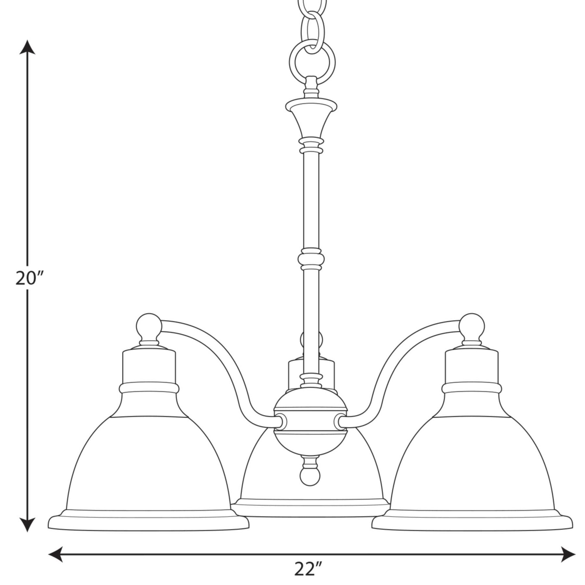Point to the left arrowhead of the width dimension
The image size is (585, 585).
click(55, 554)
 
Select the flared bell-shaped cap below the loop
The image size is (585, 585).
click(311, 117)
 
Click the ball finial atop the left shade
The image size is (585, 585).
click(149, 326)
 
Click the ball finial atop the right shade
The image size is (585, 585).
click(472, 326)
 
